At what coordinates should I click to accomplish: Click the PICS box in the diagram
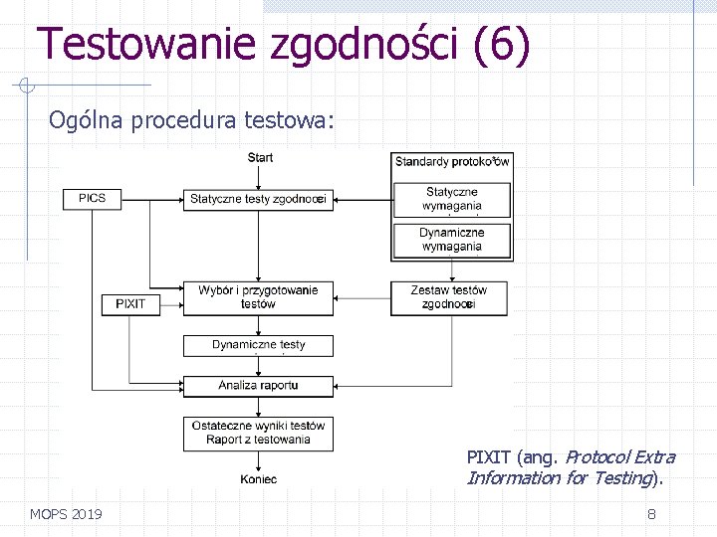[92, 199]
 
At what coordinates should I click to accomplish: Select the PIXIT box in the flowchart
[130, 303]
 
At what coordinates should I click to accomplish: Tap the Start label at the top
[260, 157]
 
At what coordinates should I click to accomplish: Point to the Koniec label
[258, 479]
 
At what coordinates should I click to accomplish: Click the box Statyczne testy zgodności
[258, 199]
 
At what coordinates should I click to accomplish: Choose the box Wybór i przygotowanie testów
[258, 297]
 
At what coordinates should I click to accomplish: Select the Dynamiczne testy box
[258, 345]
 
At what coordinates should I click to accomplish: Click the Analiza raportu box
[258, 385]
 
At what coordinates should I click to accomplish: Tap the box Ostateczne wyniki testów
[258, 433]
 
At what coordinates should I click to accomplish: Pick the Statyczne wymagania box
[452, 199]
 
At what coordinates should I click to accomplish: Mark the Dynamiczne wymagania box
[452, 240]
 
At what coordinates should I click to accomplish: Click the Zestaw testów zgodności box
[449, 297]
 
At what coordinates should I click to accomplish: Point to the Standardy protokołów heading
[452, 161]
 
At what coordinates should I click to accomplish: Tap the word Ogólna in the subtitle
[82, 120]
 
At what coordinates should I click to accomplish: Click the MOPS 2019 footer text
[66, 514]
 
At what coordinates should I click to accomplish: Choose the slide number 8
[651, 514]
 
